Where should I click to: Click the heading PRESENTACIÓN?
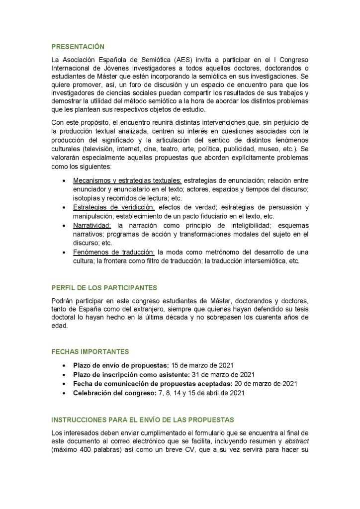(x=78, y=47)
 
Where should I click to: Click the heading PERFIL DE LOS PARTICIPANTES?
(x=104, y=288)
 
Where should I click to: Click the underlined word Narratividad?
(x=92, y=225)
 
